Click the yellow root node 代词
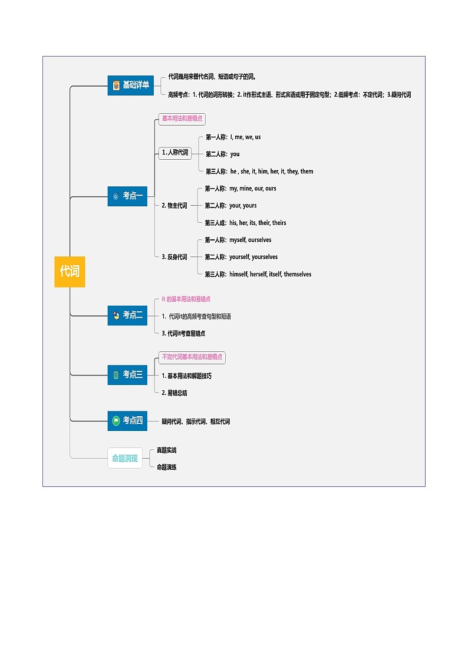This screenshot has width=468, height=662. pos(70,272)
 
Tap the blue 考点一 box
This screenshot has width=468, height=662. pos(127,196)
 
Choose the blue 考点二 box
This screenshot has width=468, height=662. pos(127,315)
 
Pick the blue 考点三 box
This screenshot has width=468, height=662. pos(127,374)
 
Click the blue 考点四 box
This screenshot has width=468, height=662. pos(127,420)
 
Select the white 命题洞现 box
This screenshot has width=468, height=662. pos(125,458)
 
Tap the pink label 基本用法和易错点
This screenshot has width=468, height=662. pos(182,118)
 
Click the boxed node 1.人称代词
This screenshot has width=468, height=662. pos(175,153)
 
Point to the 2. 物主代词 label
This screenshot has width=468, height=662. pos(174,206)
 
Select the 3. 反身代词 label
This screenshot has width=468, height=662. pos(174,257)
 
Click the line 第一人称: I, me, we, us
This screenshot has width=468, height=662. pos(233,137)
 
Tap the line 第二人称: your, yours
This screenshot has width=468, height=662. pos(230,206)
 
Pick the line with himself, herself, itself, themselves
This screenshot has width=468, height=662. pos(258,274)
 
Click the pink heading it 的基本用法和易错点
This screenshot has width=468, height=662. pos(186,299)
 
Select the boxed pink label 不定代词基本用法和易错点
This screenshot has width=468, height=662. pos(192,357)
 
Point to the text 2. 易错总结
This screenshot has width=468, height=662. pos(174,393)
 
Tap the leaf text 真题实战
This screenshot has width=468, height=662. pos(166,450)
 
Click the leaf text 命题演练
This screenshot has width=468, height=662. pos(166,467)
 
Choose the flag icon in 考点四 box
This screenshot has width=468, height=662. pos(117,421)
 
